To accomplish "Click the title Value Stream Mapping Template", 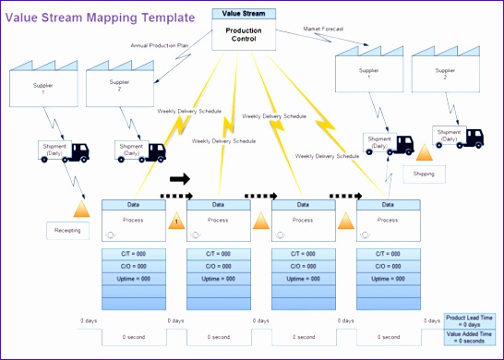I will point(101,17).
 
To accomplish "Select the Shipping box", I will point(424,173).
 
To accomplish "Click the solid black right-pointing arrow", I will point(179,179).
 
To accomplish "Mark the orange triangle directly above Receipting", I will point(79,209).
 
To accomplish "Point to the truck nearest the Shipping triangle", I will point(458,137).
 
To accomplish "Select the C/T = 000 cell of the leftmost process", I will point(133,253).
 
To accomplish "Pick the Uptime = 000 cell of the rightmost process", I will point(388,277).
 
